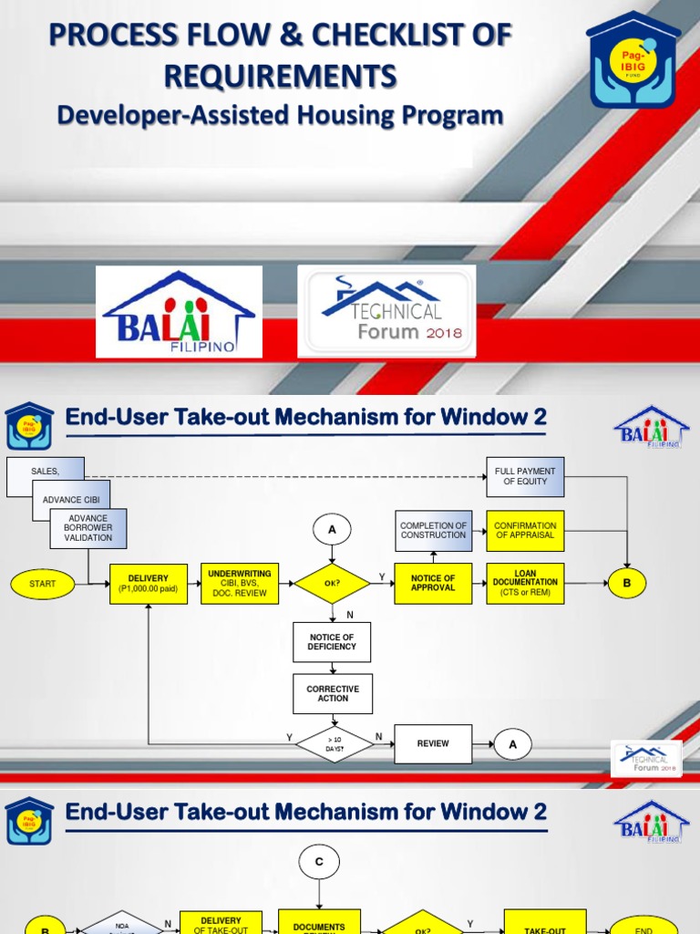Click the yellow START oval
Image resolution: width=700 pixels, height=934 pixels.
pos(43,584)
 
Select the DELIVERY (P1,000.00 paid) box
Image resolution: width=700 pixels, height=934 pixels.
pos(149,584)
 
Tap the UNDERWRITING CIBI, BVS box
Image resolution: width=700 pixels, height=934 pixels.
pos(239,584)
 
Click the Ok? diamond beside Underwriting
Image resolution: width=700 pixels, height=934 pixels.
pos(332,584)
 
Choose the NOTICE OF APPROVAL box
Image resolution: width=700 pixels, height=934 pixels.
pos(433,584)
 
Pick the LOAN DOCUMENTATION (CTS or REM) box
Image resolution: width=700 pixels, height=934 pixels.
pos(525,584)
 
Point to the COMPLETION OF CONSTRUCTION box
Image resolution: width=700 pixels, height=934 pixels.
pos(433,531)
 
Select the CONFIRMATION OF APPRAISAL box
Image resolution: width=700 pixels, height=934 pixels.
pos(525,531)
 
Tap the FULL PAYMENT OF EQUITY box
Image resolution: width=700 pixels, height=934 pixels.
pos(525,476)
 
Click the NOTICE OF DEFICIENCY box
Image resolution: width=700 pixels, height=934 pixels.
pos(332,642)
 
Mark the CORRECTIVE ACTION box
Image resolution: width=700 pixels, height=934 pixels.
pos(332,694)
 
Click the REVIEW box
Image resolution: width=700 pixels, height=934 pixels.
pos(433,744)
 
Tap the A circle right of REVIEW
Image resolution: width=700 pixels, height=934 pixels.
pos(513,744)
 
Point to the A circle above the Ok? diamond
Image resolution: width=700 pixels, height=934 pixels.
pos(332,530)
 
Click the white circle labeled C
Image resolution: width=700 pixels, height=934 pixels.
pos(318,862)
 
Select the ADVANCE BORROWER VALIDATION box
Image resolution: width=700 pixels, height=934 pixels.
pos(88,528)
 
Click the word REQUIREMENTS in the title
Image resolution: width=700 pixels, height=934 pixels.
pos(280,76)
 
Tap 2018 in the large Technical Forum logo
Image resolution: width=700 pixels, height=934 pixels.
pos(444,333)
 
